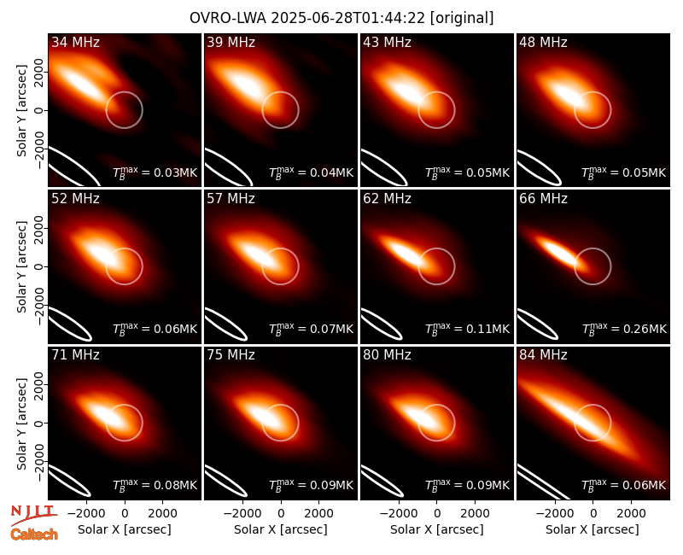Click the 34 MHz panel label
pos(75,42)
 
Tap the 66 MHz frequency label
pos(543,199)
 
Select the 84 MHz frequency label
pos(543,355)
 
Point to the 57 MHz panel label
pos(231,199)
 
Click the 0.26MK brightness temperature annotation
pos(624,329)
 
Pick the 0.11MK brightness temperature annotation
pos(467,329)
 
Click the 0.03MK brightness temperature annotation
pos(155,172)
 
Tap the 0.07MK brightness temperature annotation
pos(311,329)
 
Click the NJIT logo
pos(34,515)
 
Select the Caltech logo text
pos(34,535)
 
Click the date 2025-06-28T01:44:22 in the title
pos(340,18)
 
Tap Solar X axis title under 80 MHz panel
pos(437,529)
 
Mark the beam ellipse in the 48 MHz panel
pos(539,168)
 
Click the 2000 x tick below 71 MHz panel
pos(162,513)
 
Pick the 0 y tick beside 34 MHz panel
pos(39,110)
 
